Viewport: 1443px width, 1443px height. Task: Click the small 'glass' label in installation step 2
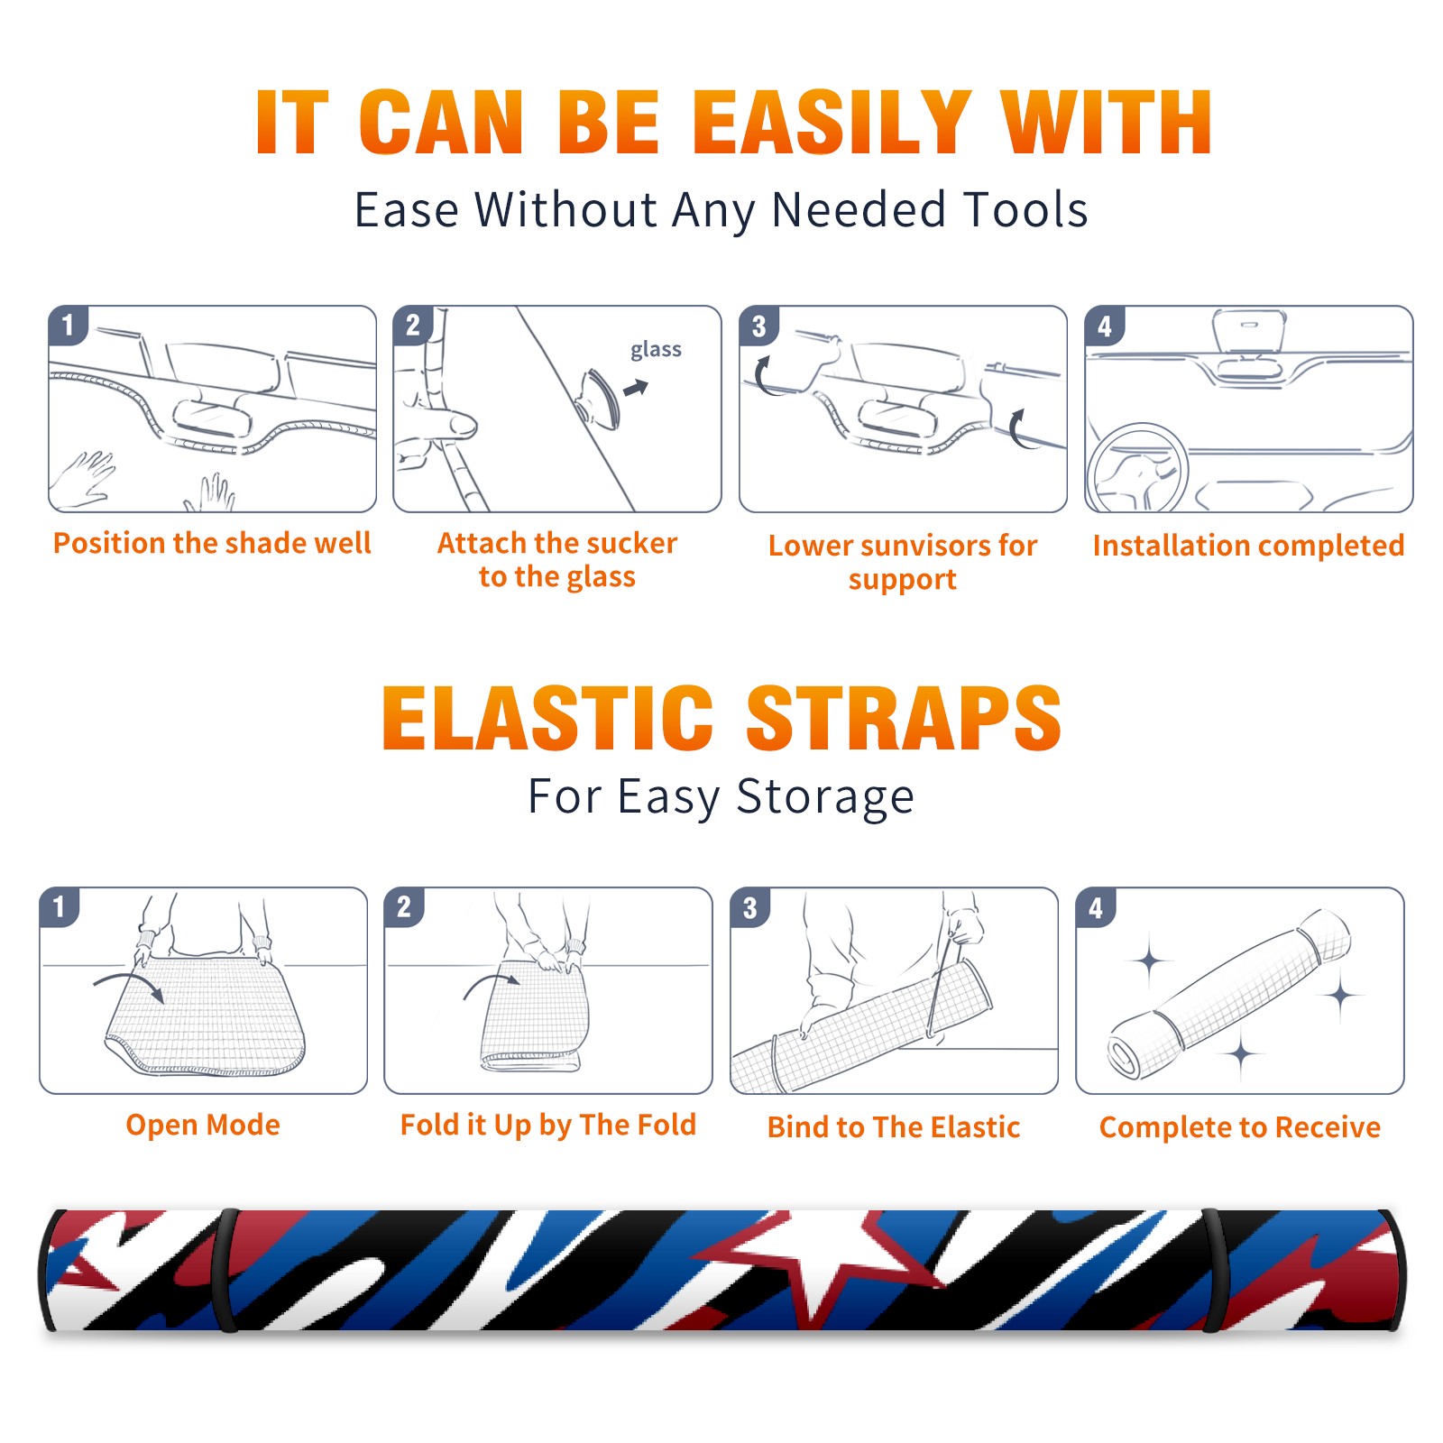click(656, 350)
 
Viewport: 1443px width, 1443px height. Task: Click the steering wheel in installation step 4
click(1137, 468)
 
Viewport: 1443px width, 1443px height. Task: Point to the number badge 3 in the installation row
click(758, 326)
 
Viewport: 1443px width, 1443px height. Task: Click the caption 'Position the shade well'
click(212, 543)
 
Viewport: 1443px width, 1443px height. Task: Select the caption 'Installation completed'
click(1248, 546)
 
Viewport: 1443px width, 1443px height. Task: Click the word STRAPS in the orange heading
click(904, 718)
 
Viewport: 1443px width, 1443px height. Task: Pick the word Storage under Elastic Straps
click(825, 797)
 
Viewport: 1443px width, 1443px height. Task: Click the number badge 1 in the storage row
click(60, 907)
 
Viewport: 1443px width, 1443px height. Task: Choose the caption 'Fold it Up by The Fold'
click(548, 1126)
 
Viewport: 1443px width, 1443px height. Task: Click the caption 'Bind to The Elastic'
click(894, 1127)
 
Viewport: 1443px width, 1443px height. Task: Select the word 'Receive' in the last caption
click(1328, 1127)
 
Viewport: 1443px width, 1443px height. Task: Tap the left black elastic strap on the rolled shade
click(225, 1271)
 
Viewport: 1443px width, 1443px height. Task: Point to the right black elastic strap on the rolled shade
click(1212, 1271)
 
